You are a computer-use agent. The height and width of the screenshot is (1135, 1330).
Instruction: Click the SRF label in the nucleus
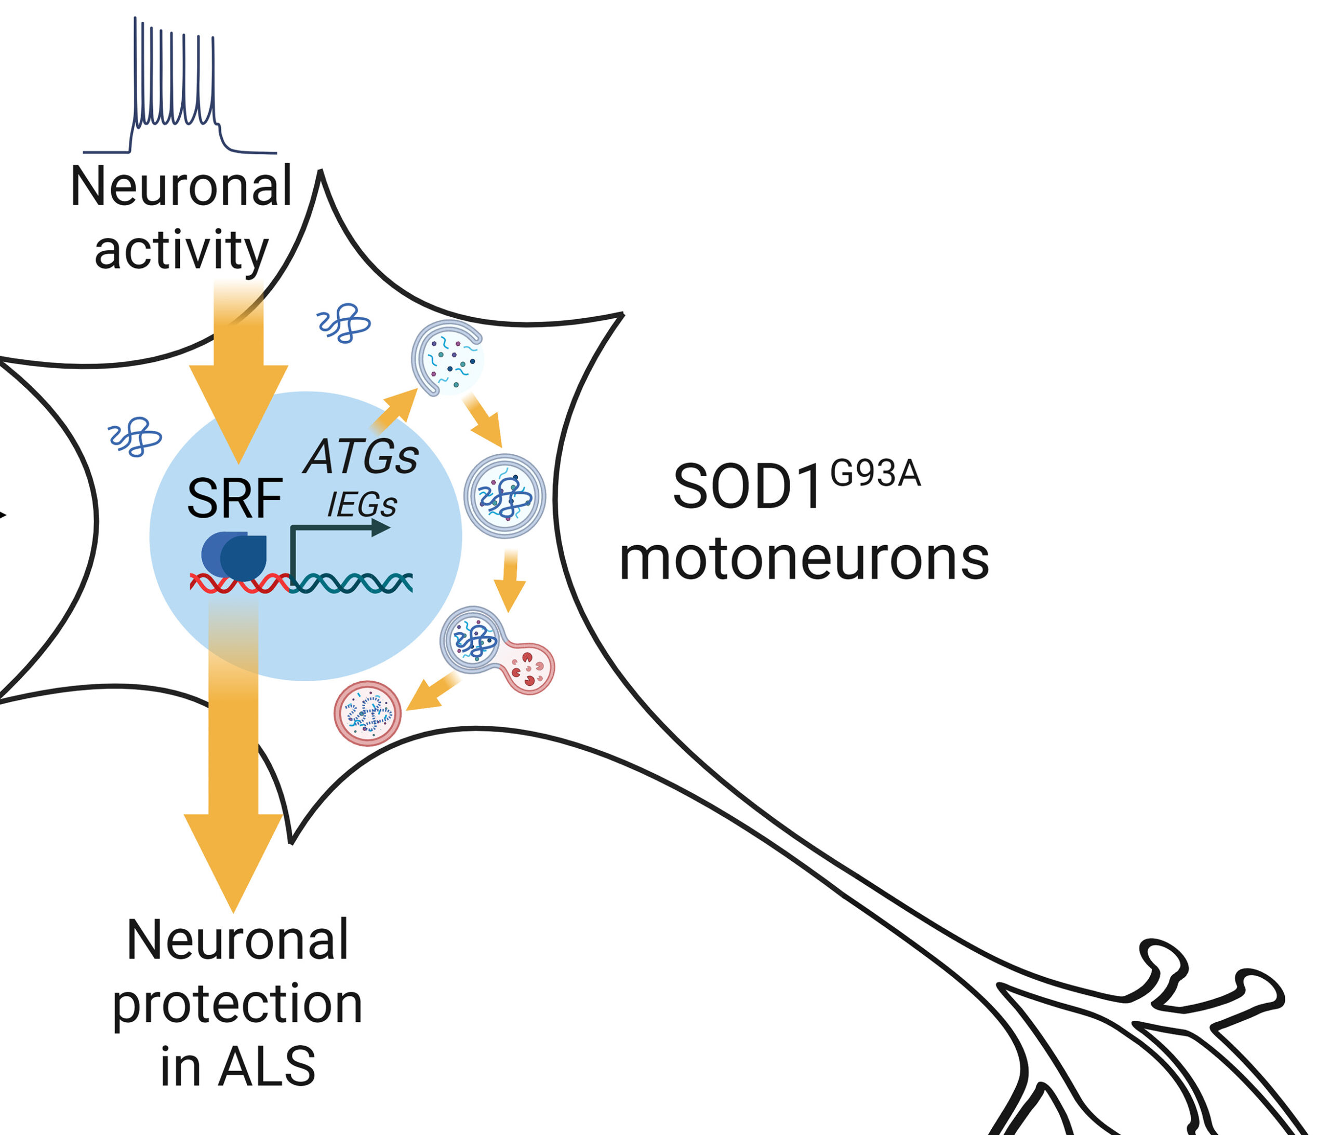click(234, 498)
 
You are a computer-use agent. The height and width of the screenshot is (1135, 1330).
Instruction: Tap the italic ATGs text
click(362, 457)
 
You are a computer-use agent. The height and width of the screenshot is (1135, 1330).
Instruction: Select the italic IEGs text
click(362, 505)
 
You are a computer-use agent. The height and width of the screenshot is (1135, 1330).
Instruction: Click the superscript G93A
click(875, 475)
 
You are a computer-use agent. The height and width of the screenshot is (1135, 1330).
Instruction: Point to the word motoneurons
click(804, 560)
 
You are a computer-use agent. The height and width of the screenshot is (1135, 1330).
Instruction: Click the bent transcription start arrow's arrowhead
click(381, 528)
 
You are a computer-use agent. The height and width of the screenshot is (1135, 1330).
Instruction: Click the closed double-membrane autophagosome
click(504, 496)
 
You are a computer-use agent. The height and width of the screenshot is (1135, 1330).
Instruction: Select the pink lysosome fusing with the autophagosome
click(529, 669)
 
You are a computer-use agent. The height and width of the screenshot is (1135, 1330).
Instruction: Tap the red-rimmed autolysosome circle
click(367, 713)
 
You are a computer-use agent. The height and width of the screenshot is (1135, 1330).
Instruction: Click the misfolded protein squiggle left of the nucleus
click(135, 436)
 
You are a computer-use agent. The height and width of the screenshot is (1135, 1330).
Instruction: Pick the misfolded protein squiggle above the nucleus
click(344, 323)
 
